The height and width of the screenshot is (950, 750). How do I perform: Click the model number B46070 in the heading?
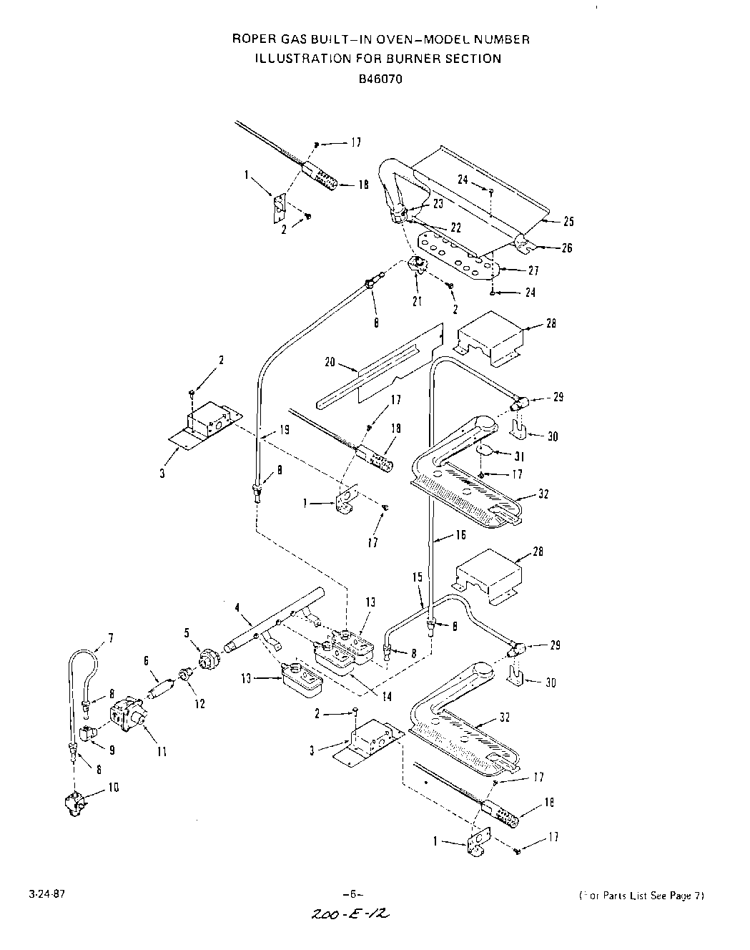tap(380, 79)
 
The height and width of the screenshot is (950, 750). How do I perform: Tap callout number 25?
tap(568, 222)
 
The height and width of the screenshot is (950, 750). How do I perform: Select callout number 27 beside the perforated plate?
tap(532, 270)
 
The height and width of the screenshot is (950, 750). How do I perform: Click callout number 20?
tap(330, 363)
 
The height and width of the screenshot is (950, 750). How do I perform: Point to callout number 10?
tap(114, 788)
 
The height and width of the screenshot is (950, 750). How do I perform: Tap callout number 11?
tap(162, 751)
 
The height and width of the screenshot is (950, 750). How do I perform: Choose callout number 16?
tap(460, 534)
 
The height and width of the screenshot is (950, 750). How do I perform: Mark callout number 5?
tap(187, 632)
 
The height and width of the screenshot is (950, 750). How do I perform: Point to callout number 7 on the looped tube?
tap(110, 637)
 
